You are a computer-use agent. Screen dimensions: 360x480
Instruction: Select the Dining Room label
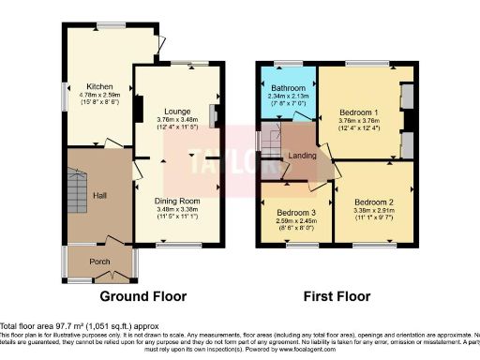tap(177, 202)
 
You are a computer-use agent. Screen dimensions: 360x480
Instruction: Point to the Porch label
tap(99, 262)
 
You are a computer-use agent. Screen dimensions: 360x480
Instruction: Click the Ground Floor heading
tap(142, 296)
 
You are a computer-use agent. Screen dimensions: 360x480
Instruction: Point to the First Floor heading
tap(337, 296)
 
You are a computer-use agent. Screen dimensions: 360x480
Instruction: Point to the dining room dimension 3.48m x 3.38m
tap(177, 212)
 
